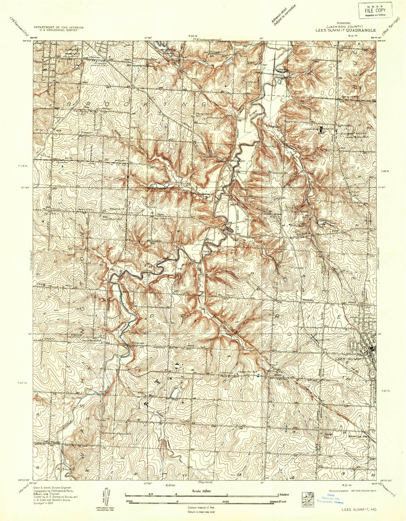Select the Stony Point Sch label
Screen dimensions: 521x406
[202, 115]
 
